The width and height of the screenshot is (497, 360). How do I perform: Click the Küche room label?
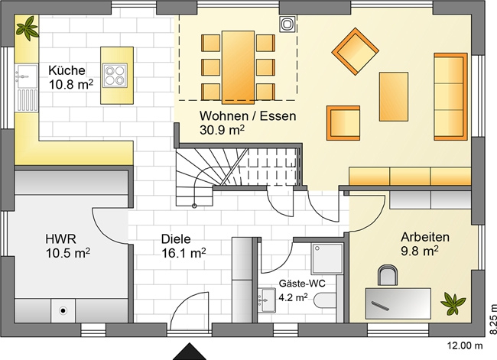pyautogui.click(x=67, y=70)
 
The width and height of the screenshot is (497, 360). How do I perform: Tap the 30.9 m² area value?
pyautogui.click(x=222, y=130)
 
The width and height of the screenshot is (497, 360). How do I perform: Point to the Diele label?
pyautogui.click(x=176, y=239)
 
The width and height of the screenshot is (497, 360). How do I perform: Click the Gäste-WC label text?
pyautogui.click(x=302, y=284)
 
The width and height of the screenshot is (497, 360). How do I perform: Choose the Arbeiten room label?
pyautogui.click(x=425, y=237)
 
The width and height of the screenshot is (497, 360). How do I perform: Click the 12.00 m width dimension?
pyautogui.click(x=465, y=345)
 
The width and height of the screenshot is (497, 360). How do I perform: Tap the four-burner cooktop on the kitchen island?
pyautogui.click(x=115, y=76)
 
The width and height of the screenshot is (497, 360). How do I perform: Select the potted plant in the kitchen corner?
pyautogui.click(x=28, y=28)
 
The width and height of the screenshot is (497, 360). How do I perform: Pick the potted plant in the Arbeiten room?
pyautogui.click(x=453, y=303)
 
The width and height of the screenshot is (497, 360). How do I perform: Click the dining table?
pyautogui.click(x=238, y=67)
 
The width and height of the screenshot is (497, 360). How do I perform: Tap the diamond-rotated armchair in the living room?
pyautogui.click(x=355, y=51)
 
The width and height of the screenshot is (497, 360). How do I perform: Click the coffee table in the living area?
pyautogui.click(x=393, y=96)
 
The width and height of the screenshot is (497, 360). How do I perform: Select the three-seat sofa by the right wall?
pyautogui.click(x=450, y=96)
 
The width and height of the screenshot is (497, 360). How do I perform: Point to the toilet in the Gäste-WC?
pyautogui.click(x=324, y=300)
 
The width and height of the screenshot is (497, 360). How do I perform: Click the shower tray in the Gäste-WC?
pyautogui.click(x=327, y=258)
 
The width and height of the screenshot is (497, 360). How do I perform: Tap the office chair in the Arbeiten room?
pyautogui.click(x=388, y=274)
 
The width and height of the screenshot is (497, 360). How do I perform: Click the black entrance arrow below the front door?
pyautogui.click(x=190, y=352)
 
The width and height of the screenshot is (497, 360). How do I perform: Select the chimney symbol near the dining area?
pyautogui.click(x=287, y=24)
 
